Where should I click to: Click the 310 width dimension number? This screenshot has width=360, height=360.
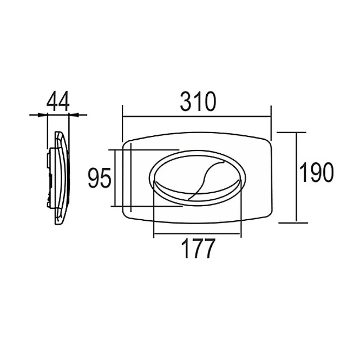pyautogui.click(x=198, y=102)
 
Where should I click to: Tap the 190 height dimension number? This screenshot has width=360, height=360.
pyautogui.click(x=316, y=172)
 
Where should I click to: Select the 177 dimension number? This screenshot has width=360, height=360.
pyautogui.click(x=198, y=248)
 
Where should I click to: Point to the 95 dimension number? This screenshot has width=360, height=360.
pyautogui.click(x=99, y=178)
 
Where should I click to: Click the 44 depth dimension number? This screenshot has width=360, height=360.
pyautogui.click(x=58, y=102)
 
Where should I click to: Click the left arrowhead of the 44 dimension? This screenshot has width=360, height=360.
pyautogui.click(x=42, y=114)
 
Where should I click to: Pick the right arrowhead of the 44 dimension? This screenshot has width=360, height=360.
pyautogui.click(x=74, y=114)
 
